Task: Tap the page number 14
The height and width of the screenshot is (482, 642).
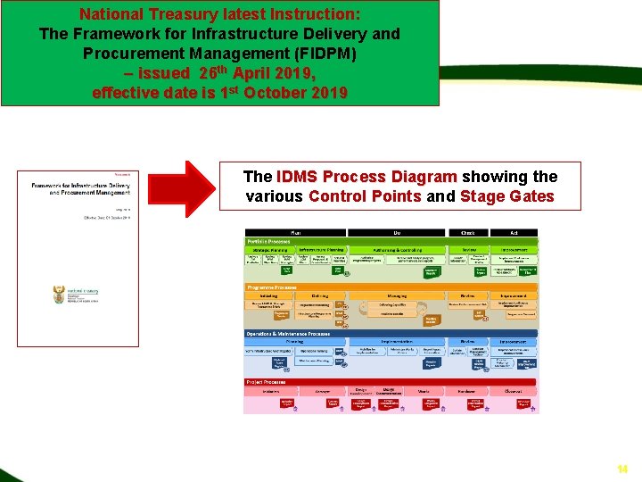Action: pyautogui.click(x=622, y=469)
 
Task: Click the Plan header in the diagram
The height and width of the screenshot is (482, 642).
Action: pyautogui.click(x=294, y=232)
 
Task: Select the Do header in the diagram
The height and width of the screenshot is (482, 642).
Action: pyautogui.click(x=397, y=232)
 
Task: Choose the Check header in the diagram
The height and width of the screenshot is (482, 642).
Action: pyautogui.click(x=468, y=232)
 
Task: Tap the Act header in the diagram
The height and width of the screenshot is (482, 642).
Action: pyautogui.click(x=514, y=232)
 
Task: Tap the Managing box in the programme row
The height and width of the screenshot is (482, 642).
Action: pyautogui.click(x=397, y=295)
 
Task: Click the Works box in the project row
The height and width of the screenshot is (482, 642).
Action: pyautogui.click(x=423, y=391)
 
